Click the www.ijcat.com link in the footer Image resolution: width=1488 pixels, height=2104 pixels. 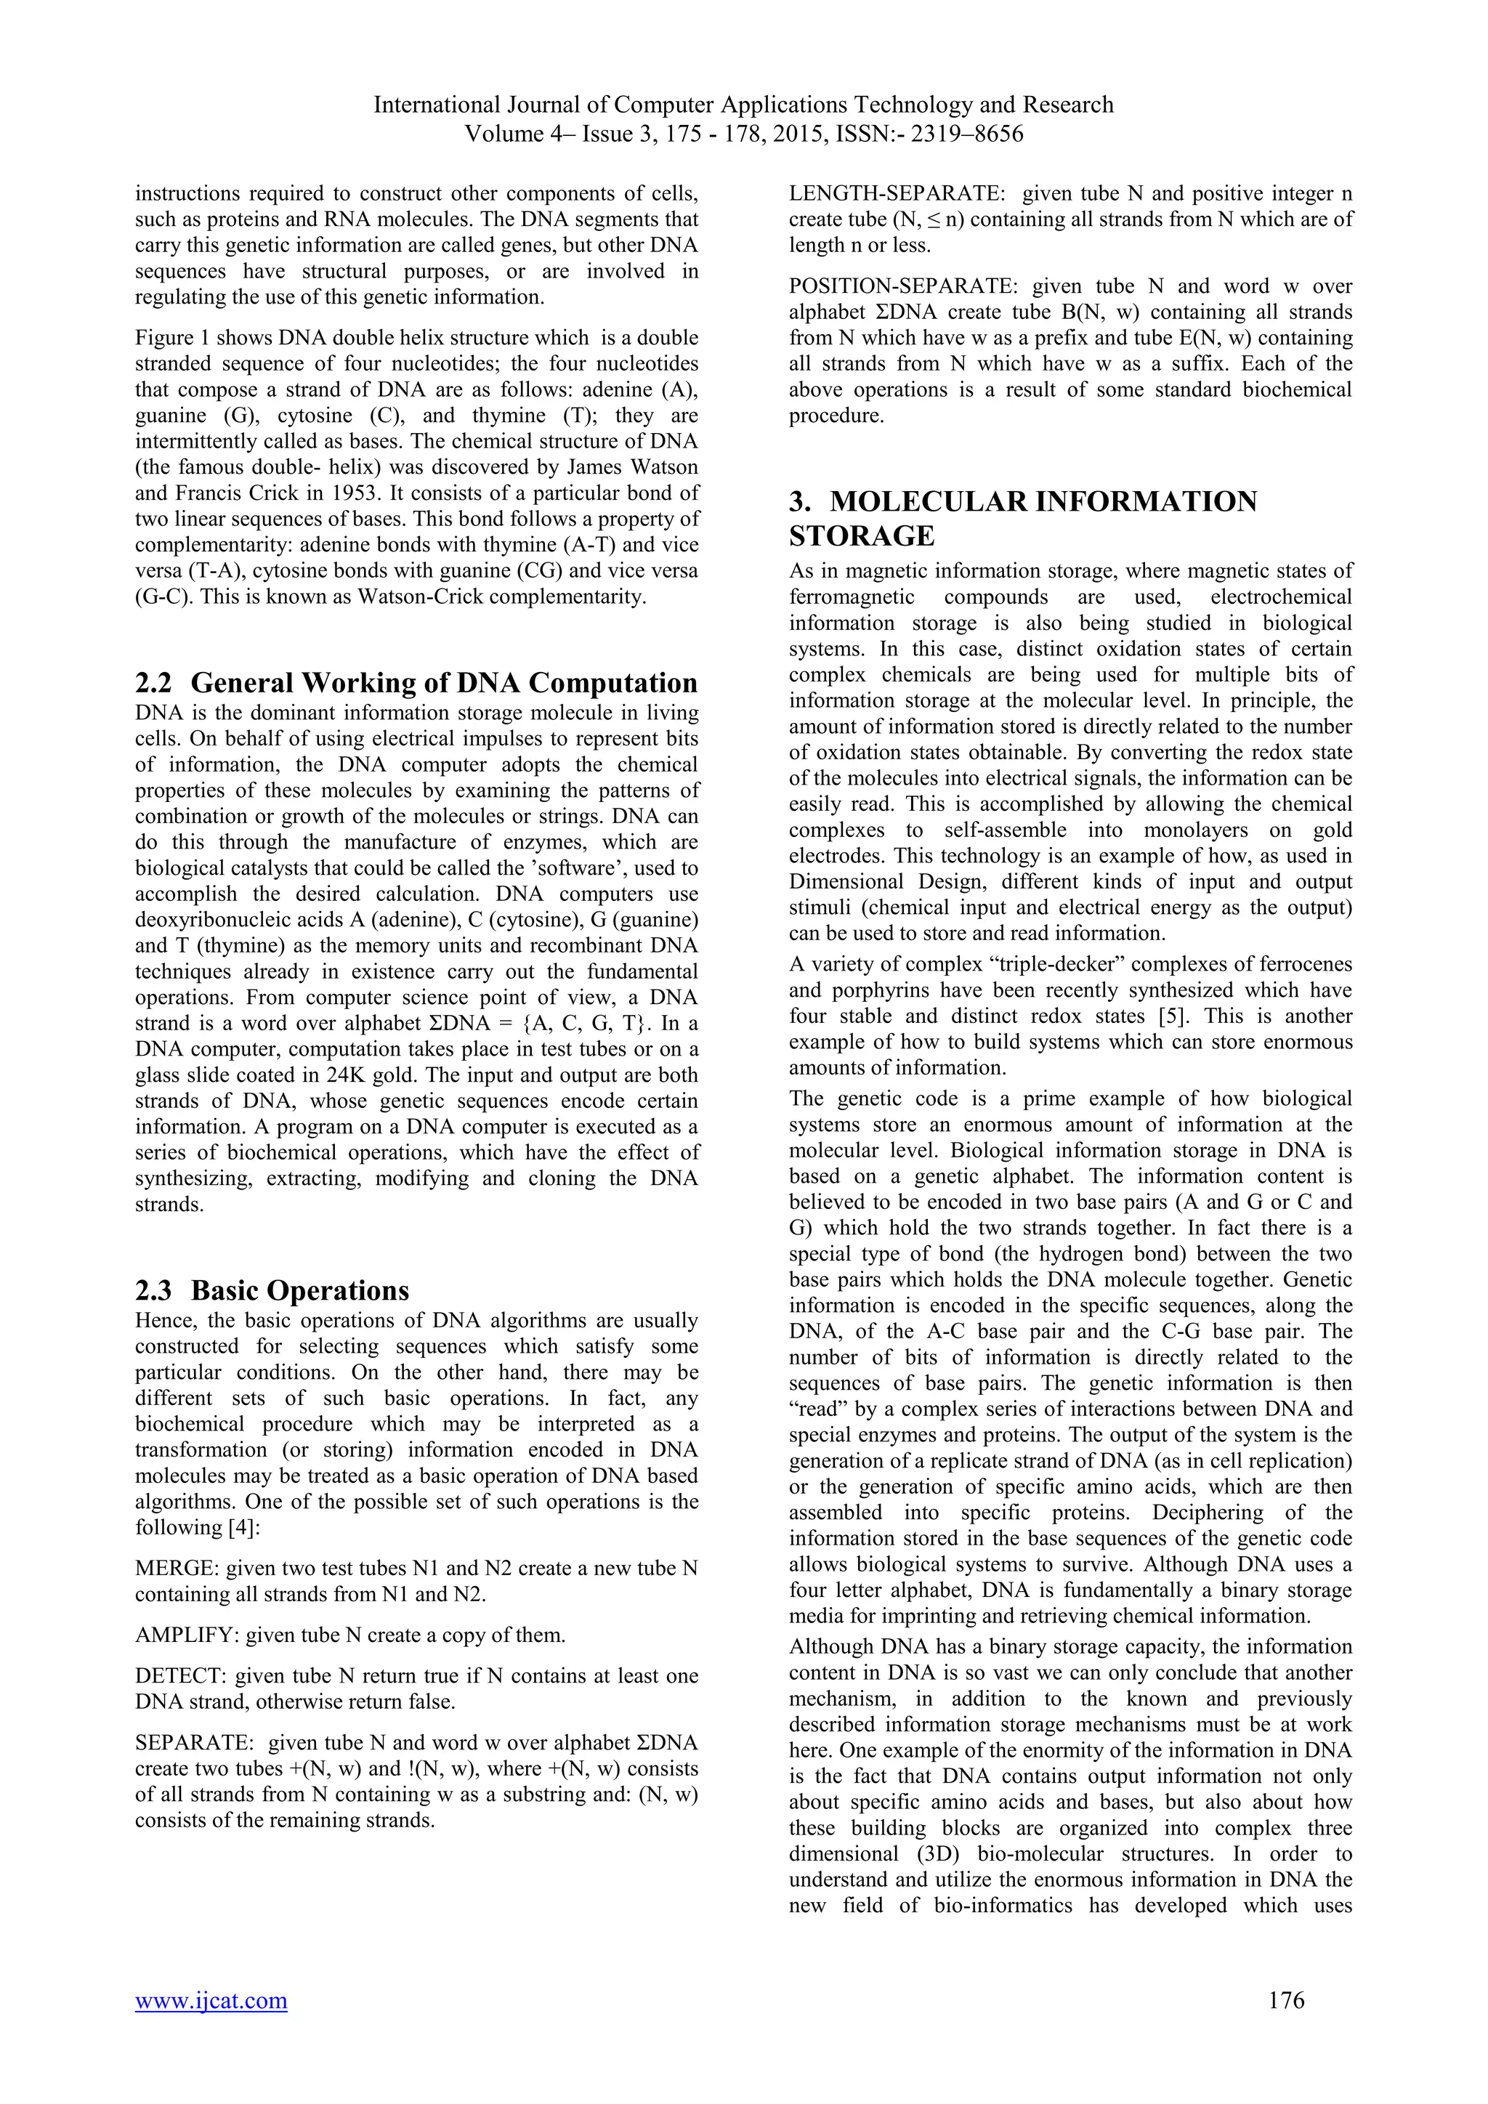[x=211, y=2000]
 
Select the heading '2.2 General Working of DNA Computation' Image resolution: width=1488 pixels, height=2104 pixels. [x=416, y=683]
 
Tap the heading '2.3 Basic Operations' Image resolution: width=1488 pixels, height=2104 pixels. [x=272, y=1290]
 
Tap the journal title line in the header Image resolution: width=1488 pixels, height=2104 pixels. [x=743, y=105]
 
